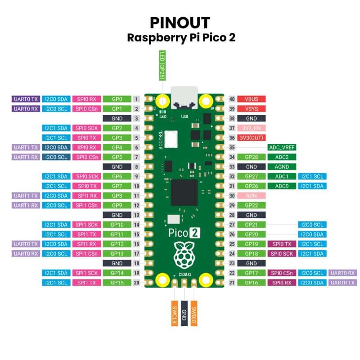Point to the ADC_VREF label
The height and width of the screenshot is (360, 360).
(x=281, y=147)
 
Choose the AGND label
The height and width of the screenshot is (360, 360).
(x=281, y=166)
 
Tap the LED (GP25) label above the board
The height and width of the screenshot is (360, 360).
(x=162, y=66)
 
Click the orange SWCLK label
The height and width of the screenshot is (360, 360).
(x=175, y=313)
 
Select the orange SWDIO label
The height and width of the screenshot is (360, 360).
(x=194, y=313)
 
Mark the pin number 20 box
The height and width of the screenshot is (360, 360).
(x=136, y=283)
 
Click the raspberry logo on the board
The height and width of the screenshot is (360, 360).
(x=184, y=254)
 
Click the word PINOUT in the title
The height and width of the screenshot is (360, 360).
(x=180, y=22)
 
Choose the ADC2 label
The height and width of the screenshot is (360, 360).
(x=281, y=157)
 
